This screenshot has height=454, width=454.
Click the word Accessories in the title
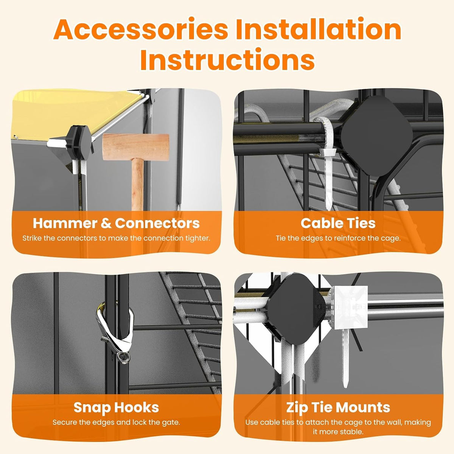pyautogui.click(x=141, y=30)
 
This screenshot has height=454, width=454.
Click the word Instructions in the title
pyautogui.click(x=227, y=59)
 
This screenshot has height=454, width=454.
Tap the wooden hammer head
pyautogui.click(x=136, y=147)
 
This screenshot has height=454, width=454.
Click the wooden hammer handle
pyautogui.click(x=138, y=185)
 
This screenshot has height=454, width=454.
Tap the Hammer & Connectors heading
pyautogui.click(x=116, y=223)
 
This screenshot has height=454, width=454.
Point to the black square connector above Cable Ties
pyautogui.click(x=376, y=136)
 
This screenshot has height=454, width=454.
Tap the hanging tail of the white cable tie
pyautogui.click(x=328, y=184)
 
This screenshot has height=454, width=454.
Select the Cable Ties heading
pyautogui.click(x=338, y=223)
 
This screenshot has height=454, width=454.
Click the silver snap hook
pyautogui.click(x=115, y=333)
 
